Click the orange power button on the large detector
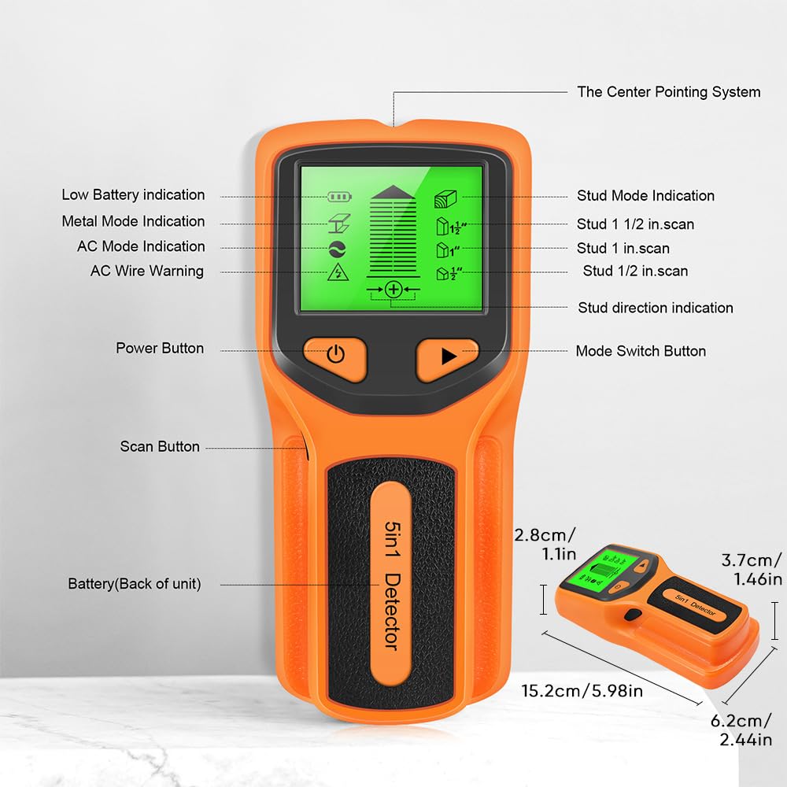click(x=335, y=358)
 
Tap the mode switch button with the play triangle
click(x=447, y=358)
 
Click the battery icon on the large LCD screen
click(x=339, y=196)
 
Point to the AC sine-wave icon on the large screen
click(x=338, y=249)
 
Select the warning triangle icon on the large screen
click(x=338, y=272)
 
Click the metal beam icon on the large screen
click(x=339, y=224)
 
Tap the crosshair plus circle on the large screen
click(x=393, y=289)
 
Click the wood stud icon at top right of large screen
click(x=445, y=199)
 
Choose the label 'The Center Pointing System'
click(x=668, y=92)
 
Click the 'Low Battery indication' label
click(x=133, y=194)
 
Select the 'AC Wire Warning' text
click(x=147, y=271)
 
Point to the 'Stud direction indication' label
click(x=656, y=308)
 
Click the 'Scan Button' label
click(x=160, y=446)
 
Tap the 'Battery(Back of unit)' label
click(x=135, y=584)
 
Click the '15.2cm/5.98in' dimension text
click(x=582, y=691)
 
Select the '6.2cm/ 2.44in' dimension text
click(x=741, y=730)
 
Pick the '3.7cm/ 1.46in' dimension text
click(x=752, y=570)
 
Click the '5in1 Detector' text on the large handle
click(x=392, y=585)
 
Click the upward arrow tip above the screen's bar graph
click(x=393, y=187)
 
